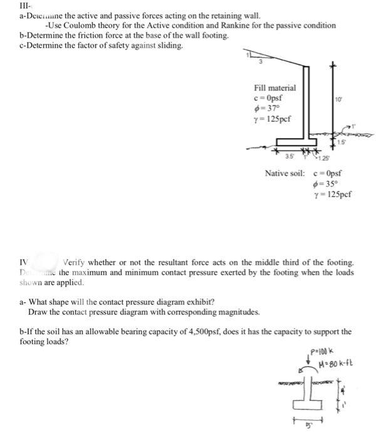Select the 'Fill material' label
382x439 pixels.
[275, 89]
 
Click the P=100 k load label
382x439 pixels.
[320, 350]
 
